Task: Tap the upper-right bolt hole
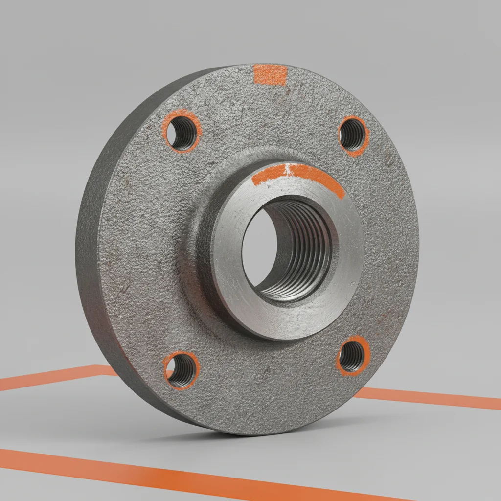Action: (x=353, y=134)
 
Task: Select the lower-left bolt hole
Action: (x=181, y=369)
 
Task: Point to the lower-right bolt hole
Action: (x=352, y=356)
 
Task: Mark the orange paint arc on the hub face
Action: (x=313, y=177)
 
